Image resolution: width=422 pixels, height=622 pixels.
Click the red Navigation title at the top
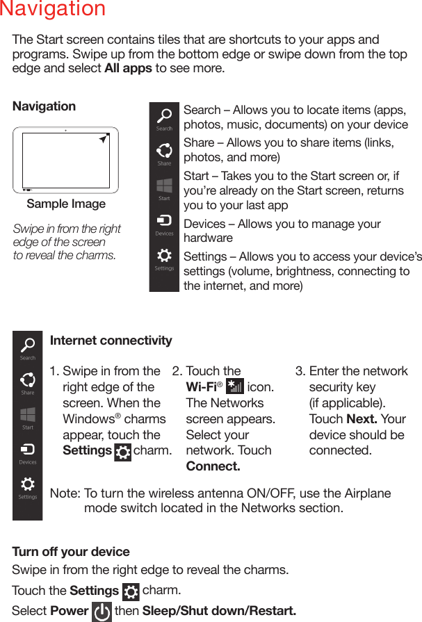coord(53,10)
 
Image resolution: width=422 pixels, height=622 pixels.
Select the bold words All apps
coord(128,69)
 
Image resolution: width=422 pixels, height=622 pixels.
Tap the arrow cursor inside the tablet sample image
coord(104,140)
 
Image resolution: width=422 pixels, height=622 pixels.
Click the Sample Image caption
coord(66,204)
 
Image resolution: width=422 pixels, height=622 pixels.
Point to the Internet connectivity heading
coord(111,341)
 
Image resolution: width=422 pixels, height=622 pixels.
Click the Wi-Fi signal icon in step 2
coord(235,387)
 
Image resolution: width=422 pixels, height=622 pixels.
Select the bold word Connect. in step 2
coord(213,466)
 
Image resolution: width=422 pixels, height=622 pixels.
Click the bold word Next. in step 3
coord(362,419)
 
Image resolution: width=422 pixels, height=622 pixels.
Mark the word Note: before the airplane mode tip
coord(65,493)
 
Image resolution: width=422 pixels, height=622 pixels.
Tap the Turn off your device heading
coord(71,552)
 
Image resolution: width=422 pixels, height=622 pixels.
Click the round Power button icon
coord(102,612)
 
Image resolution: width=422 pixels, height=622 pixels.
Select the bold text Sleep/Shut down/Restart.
coord(219,612)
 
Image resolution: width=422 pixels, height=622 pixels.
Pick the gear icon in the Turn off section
coord(131,592)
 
